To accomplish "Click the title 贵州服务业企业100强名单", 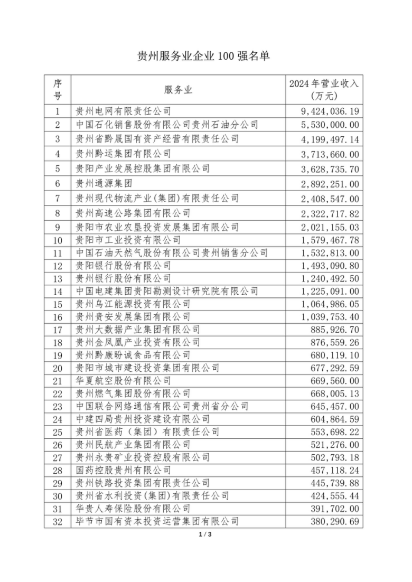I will click(x=203, y=56).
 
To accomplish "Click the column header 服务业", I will click(x=179, y=90).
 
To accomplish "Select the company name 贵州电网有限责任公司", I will click(x=123, y=111).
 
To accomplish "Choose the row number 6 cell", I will click(x=58, y=184).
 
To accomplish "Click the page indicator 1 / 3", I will click(x=205, y=535).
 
